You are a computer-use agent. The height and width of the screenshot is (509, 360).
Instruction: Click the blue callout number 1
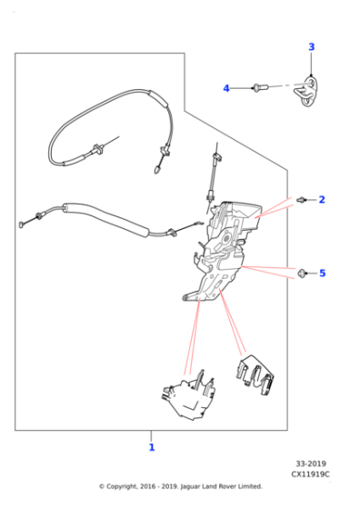pos(151,446)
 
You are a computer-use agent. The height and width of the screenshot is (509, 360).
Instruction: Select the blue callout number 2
pos(321,199)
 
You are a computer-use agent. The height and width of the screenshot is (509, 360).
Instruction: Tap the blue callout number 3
pos(311,47)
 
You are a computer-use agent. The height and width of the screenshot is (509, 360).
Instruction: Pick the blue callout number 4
pos(226,88)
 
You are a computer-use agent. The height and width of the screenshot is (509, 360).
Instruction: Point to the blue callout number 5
pos(321,272)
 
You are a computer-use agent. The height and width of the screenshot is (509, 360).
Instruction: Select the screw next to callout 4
pos(260,88)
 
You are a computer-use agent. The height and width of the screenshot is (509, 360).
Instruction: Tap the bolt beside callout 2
pos(302,198)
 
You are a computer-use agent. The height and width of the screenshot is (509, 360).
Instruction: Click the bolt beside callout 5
pos(303,272)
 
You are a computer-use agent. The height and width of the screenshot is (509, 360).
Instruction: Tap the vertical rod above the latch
pos(214,172)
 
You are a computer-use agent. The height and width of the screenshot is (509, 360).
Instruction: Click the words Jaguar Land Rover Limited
pos(220,486)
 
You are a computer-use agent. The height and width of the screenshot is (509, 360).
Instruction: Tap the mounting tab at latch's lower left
pos(186,296)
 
